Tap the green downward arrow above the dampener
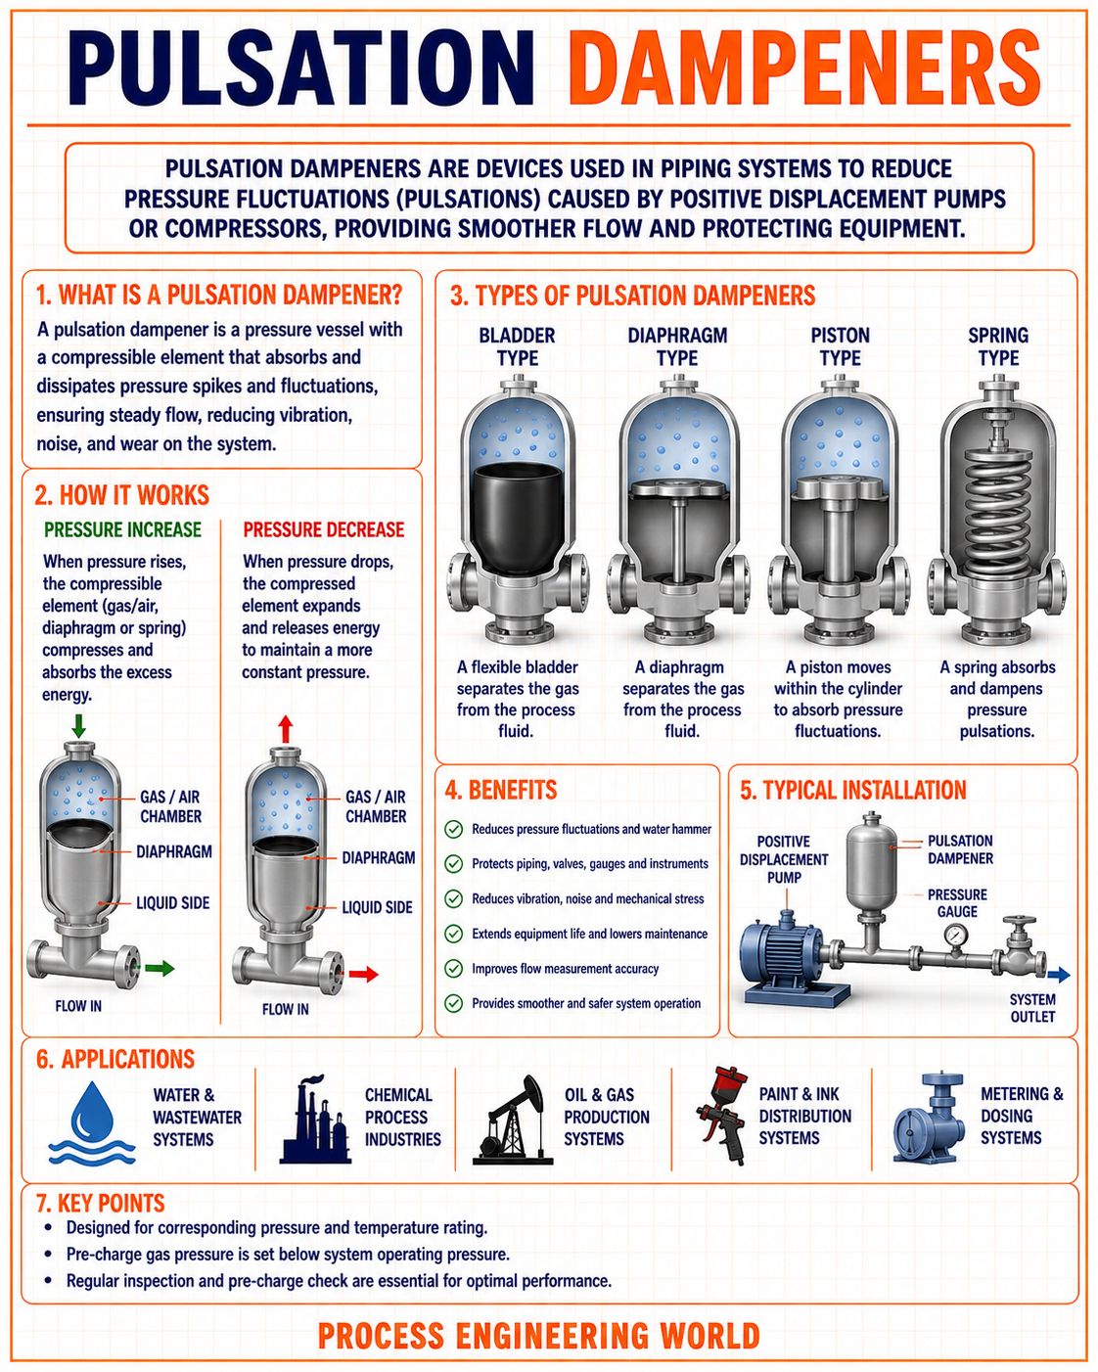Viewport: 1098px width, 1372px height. pyautogui.click(x=78, y=725)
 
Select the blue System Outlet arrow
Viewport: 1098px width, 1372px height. pyautogui.click(x=1059, y=974)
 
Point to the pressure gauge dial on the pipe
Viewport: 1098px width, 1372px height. pyautogui.click(x=956, y=936)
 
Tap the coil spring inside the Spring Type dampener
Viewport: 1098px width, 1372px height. pyautogui.click(x=997, y=511)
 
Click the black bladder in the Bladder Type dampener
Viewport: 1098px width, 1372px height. pyautogui.click(x=518, y=517)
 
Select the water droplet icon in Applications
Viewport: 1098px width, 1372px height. pyautogui.click(x=92, y=1122)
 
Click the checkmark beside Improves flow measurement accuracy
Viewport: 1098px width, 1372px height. pyautogui.click(x=453, y=969)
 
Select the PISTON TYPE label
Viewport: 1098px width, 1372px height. pyautogui.click(x=840, y=346)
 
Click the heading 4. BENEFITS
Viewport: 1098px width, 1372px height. pyautogui.click(x=500, y=790)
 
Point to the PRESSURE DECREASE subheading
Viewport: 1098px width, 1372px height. pyautogui.click(x=324, y=529)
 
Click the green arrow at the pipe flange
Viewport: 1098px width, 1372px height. pyautogui.click(x=160, y=969)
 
